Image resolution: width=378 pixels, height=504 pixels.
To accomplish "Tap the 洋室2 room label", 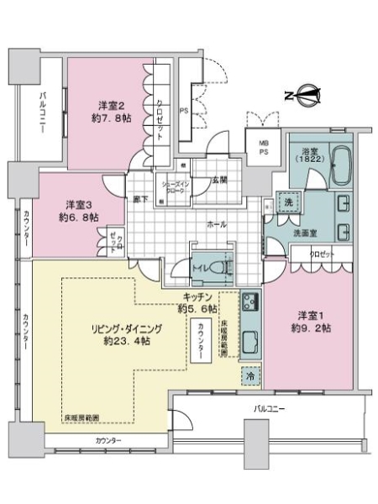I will pos(112,105).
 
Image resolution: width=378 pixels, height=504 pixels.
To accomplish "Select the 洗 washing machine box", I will pos(286,202).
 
